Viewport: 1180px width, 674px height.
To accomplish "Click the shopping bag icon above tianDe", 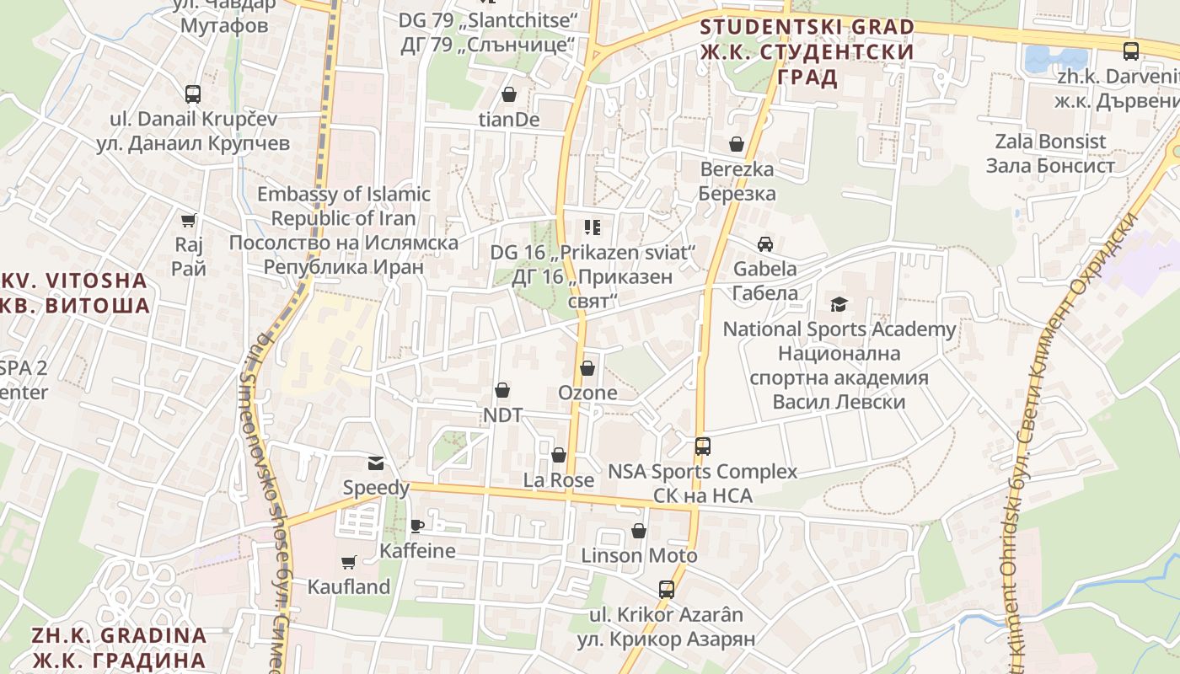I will tap(509, 94).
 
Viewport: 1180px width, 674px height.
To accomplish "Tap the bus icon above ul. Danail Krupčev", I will tap(193, 94).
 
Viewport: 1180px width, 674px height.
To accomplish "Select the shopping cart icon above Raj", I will tap(189, 220).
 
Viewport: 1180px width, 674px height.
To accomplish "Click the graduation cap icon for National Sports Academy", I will tap(839, 304).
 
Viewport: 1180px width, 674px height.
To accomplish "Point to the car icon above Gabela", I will tap(765, 244).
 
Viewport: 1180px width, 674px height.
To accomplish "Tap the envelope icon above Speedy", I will tap(375, 463).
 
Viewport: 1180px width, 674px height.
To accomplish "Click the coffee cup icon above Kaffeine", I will tap(416, 527).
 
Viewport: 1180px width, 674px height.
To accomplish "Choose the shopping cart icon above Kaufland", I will tap(348, 562).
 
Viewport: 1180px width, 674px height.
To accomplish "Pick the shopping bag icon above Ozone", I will tap(587, 368).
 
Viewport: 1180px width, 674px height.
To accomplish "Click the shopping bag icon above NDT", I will tap(502, 390).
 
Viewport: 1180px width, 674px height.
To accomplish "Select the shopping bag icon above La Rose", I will tap(558, 455).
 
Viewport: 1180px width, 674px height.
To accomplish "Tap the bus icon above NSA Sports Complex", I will tap(702, 446).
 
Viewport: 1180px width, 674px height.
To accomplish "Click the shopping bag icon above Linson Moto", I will tap(639, 531).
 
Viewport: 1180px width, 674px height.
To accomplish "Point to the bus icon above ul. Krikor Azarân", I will tap(667, 589).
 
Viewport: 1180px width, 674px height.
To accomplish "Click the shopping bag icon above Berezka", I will tap(737, 144).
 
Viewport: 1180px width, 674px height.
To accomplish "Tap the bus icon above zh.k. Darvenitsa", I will tap(1131, 51).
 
